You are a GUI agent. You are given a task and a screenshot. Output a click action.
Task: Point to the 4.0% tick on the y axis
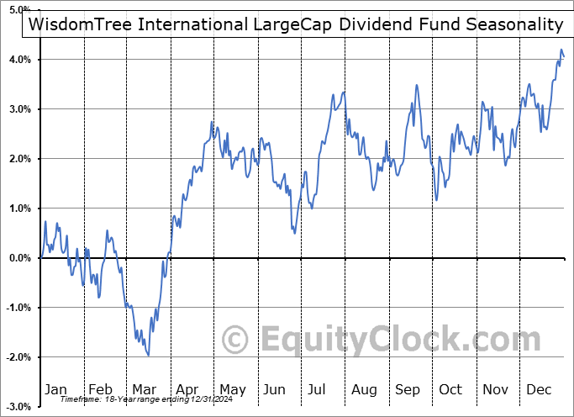click(x=22, y=60)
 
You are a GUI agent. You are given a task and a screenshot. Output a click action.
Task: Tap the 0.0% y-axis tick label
click(x=22, y=258)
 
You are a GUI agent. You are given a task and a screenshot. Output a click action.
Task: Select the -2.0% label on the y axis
click(x=20, y=357)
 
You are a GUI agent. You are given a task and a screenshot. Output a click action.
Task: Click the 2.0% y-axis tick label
click(x=22, y=159)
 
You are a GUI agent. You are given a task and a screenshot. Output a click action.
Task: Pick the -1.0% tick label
click(x=20, y=308)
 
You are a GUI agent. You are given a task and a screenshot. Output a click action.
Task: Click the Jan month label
click(x=55, y=390)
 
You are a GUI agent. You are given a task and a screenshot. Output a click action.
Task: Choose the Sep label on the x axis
click(x=408, y=390)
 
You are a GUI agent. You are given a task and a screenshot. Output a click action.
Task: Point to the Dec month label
click(x=540, y=390)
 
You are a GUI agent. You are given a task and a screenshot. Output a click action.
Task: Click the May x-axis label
click(x=233, y=390)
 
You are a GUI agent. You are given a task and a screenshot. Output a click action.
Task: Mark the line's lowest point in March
click(x=149, y=356)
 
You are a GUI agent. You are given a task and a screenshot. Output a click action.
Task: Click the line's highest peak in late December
click(x=561, y=51)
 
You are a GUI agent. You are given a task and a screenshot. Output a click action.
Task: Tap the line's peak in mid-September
click(x=416, y=85)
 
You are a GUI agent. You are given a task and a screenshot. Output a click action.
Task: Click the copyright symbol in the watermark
click(x=234, y=340)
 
